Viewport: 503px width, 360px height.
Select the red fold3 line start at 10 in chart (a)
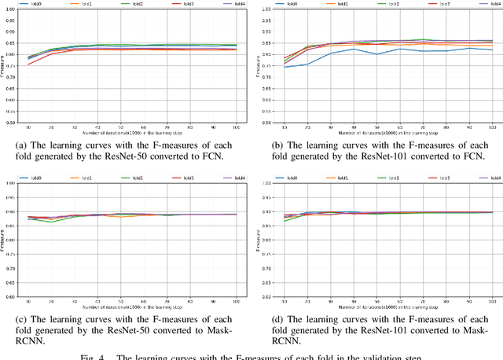tap(30, 64)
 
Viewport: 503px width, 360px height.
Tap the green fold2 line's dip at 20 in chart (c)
tap(53, 222)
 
